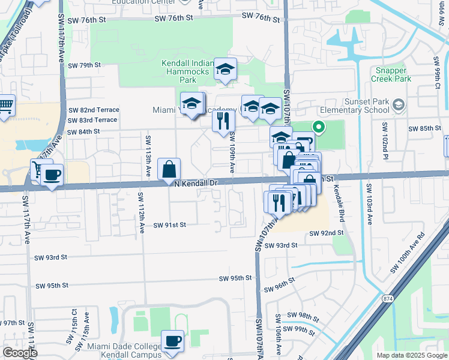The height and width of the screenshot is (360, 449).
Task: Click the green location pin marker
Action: pos(319,127)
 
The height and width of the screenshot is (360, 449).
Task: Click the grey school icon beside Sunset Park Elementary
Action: pos(398,106)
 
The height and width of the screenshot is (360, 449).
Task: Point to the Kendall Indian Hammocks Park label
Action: pos(187,71)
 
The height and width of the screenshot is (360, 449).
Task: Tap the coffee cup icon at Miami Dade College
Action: pos(173,341)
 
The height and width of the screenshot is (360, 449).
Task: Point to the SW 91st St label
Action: pos(170,225)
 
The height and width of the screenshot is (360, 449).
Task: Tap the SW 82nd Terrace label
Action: pos(94,110)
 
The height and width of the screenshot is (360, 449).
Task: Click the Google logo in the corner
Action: pos(20,353)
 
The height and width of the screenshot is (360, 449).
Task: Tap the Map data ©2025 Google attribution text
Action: pos(412,355)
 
